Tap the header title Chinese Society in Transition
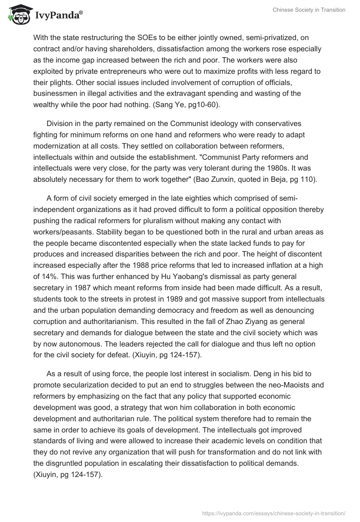pos(309,10)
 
